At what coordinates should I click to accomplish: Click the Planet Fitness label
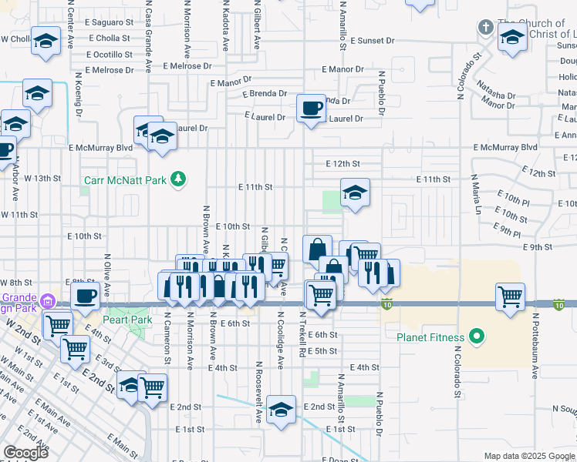click(430, 337)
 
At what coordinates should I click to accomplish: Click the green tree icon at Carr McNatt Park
click(178, 179)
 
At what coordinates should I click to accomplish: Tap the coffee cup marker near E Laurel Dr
click(311, 109)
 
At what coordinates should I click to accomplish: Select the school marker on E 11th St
click(355, 193)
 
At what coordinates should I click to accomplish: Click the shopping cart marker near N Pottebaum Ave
click(510, 297)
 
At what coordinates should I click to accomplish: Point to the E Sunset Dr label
click(372, 39)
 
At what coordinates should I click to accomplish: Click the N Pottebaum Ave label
click(535, 338)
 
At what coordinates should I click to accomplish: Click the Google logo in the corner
click(25, 452)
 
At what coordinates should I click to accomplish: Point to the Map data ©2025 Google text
click(529, 456)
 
